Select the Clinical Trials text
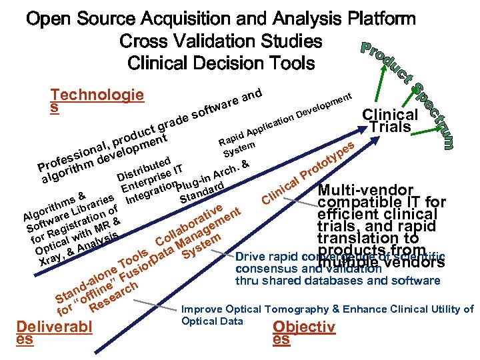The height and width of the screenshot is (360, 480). tap(390, 120)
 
